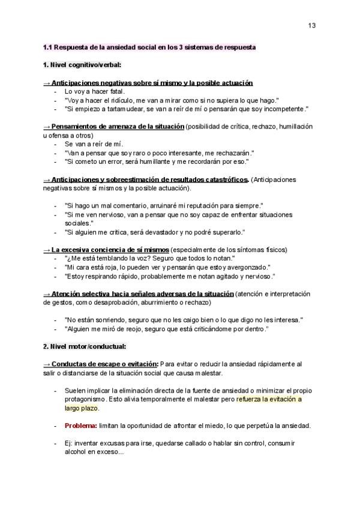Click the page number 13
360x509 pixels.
(x=312, y=25)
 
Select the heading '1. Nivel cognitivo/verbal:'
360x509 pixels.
(x=82, y=64)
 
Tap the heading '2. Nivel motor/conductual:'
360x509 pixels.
(x=84, y=346)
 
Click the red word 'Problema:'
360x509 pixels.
(x=81, y=426)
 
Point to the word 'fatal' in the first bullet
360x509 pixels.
(x=114, y=91)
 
